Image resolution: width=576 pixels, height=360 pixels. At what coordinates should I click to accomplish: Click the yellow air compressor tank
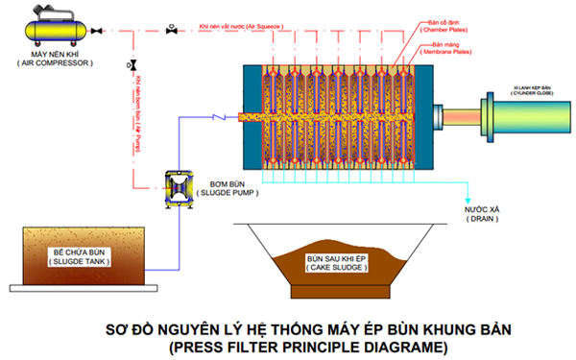[59, 29]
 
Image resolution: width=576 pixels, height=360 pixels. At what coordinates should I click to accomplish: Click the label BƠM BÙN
[228, 181]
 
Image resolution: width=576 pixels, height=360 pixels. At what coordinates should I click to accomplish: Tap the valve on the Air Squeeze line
[171, 30]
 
